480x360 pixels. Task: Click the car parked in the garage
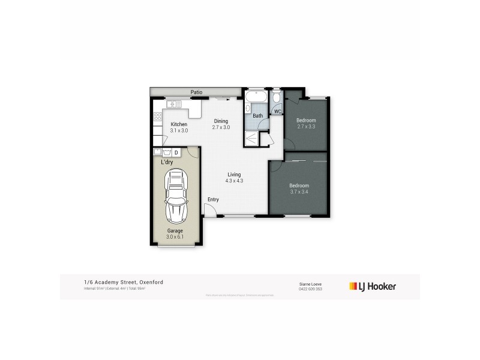coord(176,196)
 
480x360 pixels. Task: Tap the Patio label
coord(196,92)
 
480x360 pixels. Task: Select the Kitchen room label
coord(179,124)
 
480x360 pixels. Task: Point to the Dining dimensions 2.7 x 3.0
coord(221,128)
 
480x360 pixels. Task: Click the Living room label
coord(234,174)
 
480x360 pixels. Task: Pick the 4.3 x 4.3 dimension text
coord(234,181)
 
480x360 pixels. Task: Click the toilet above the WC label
coord(277,98)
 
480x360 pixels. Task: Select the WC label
coord(277,112)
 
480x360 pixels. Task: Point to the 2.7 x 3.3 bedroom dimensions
coord(306,127)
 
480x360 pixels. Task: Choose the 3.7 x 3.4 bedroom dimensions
coord(298,192)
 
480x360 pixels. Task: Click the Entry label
coord(213,200)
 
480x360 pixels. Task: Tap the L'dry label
coord(167,162)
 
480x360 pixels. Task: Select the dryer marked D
coord(176,152)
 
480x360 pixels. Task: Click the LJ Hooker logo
coord(373,286)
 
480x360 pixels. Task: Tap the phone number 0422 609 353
coord(310,289)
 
